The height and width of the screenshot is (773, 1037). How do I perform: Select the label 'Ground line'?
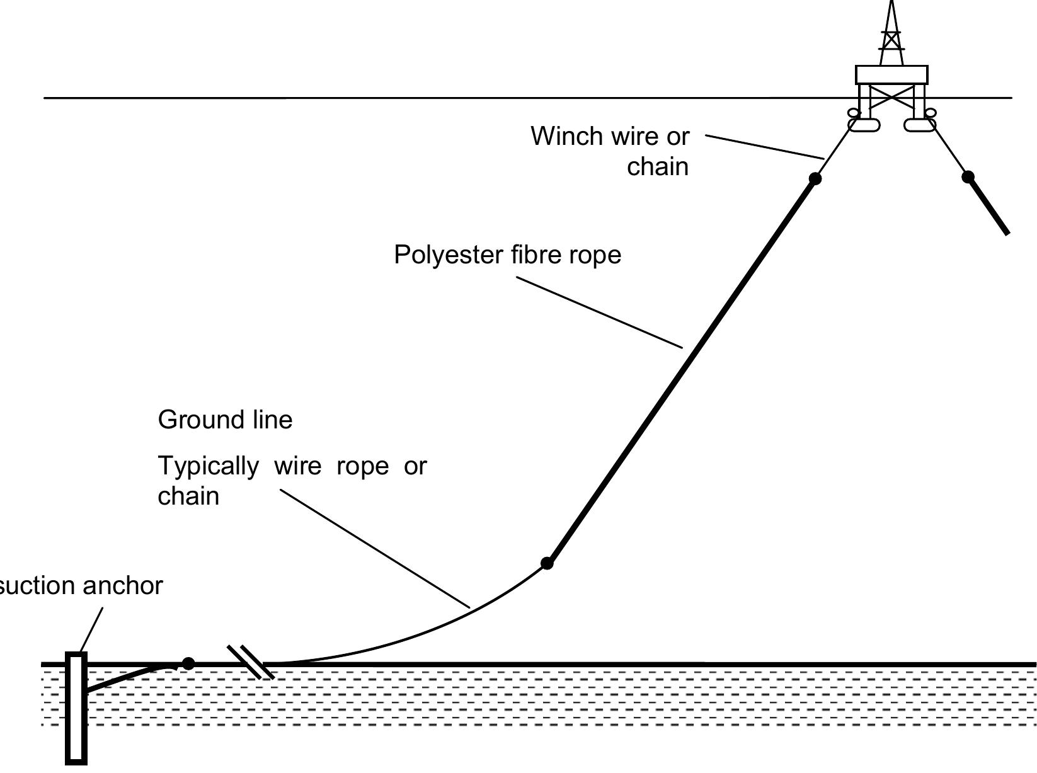click(225, 420)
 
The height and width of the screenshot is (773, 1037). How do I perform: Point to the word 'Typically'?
click(208, 466)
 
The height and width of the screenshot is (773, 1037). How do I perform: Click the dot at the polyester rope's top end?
click(815, 179)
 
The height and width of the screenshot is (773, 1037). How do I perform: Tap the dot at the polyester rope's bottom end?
click(547, 563)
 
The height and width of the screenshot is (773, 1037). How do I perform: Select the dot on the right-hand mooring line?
click(968, 177)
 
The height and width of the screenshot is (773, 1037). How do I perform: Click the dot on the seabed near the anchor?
click(188, 663)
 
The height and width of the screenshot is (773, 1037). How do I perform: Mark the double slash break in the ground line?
click(251, 662)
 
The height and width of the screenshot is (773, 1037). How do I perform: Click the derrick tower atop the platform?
click(891, 35)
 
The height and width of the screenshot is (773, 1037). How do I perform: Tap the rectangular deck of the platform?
click(891, 75)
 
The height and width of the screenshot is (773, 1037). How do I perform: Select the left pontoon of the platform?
click(864, 124)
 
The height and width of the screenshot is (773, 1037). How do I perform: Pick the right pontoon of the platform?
click(919, 124)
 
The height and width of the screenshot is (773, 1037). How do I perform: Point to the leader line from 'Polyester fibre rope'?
click(599, 312)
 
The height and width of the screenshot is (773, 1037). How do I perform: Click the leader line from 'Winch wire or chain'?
click(764, 146)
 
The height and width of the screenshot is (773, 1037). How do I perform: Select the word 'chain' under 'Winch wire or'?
click(658, 167)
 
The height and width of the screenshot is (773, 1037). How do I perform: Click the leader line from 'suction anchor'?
click(92, 629)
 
